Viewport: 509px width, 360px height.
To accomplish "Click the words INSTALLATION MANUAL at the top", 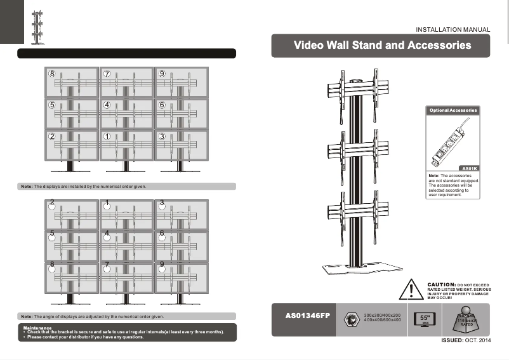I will click(x=453, y=29).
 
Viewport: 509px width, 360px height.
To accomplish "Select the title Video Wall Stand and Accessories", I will click(x=382, y=46).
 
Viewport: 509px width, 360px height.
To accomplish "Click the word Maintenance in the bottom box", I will click(x=37, y=328).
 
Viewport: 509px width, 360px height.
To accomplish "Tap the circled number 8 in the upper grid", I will click(x=52, y=74).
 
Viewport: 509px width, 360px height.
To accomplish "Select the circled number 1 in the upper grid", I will click(x=107, y=136).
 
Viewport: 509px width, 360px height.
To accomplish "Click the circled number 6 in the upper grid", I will click(x=162, y=105).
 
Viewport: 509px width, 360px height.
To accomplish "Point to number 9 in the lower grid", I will click(x=162, y=264).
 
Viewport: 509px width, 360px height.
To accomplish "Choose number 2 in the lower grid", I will click(x=52, y=203).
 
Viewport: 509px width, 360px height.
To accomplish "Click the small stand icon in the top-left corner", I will click(x=38, y=25).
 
